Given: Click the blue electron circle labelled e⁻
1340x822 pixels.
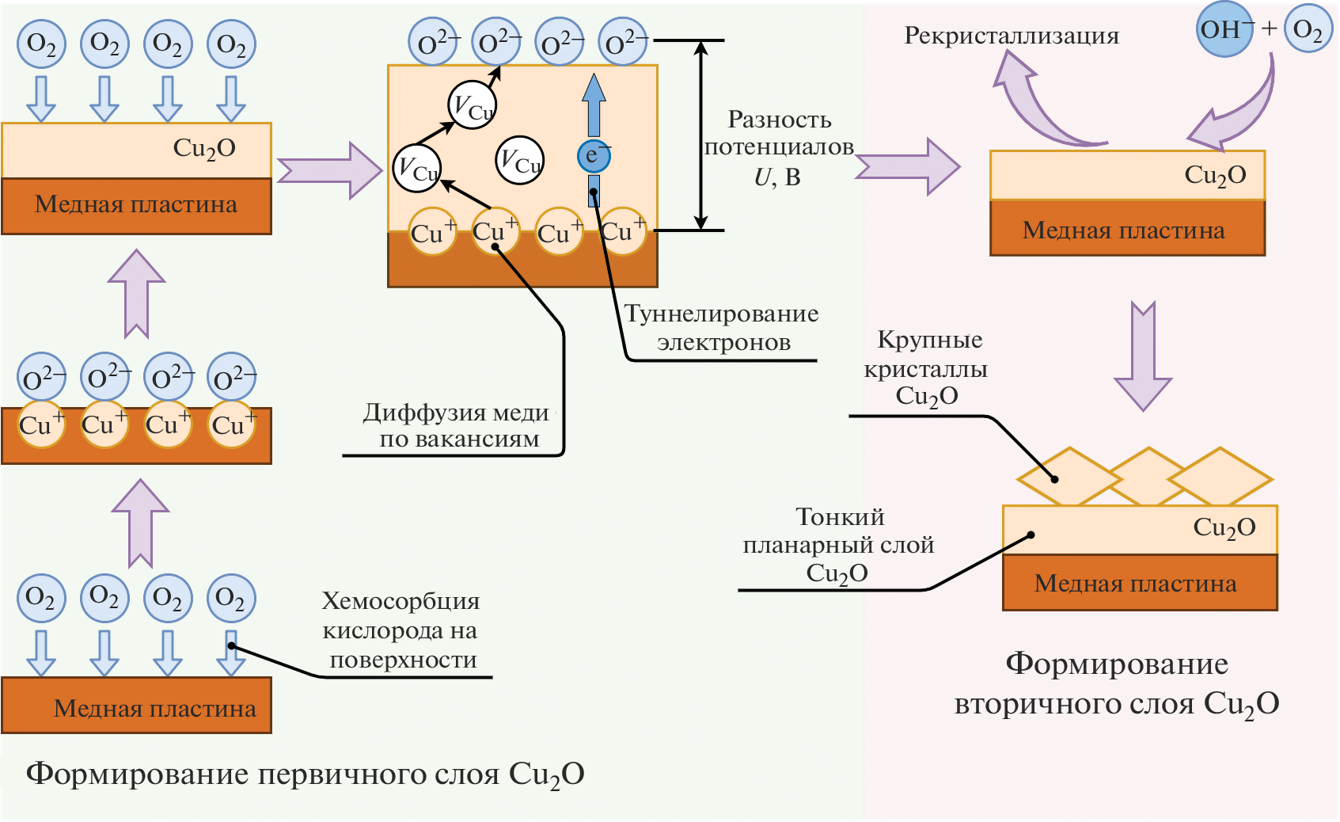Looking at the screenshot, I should click(x=593, y=155).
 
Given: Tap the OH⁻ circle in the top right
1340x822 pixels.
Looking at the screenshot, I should click(x=1224, y=30).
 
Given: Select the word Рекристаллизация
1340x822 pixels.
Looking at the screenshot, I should click(x=1011, y=36).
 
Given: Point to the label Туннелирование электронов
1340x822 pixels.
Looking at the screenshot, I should click(x=721, y=328).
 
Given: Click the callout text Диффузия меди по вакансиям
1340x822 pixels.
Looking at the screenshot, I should click(x=457, y=425).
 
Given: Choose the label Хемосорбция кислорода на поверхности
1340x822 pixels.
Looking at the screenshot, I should click(x=401, y=630).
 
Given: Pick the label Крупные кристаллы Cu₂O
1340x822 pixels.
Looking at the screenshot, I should click(x=928, y=368).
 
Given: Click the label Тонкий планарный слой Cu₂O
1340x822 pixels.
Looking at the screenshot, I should click(x=838, y=545).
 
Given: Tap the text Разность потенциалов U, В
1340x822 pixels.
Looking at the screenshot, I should click(x=779, y=148).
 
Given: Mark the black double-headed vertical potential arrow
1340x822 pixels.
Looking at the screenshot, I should click(x=700, y=135).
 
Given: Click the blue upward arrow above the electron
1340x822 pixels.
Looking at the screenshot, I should click(x=594, y=105).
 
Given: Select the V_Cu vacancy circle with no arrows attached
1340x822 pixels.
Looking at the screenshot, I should click(x=520, y=161).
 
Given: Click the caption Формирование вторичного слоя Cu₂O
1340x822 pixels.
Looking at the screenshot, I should click(x=1116, y=683).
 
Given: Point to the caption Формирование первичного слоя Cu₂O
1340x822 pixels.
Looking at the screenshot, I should click(x=305, y=774).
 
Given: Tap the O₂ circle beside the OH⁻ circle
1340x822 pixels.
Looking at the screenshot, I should click(x=1308, y=30).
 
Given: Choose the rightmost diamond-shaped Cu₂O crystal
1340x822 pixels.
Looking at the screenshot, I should click(x=1220, y=478).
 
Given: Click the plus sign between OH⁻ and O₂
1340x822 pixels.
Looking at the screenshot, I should click(x=1270, y=29).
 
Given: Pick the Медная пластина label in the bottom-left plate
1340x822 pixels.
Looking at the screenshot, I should click(x=154, y=708).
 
